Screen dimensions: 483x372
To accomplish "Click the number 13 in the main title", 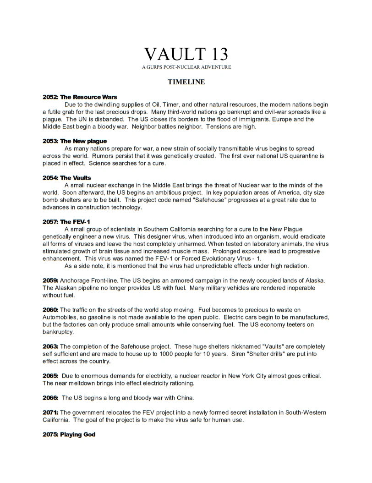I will (213, 54).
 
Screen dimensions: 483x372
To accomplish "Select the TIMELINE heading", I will (186, 82).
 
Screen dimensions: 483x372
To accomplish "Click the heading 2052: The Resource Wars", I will (80, 97).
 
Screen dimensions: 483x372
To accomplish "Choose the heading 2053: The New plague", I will (74, 141).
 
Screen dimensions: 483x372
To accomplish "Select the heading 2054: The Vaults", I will (66, 177).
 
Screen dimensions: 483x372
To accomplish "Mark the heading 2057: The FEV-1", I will (66, 222).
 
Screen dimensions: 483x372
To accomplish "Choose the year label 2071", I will (50, 413).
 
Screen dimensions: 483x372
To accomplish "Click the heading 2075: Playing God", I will (69, 434).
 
